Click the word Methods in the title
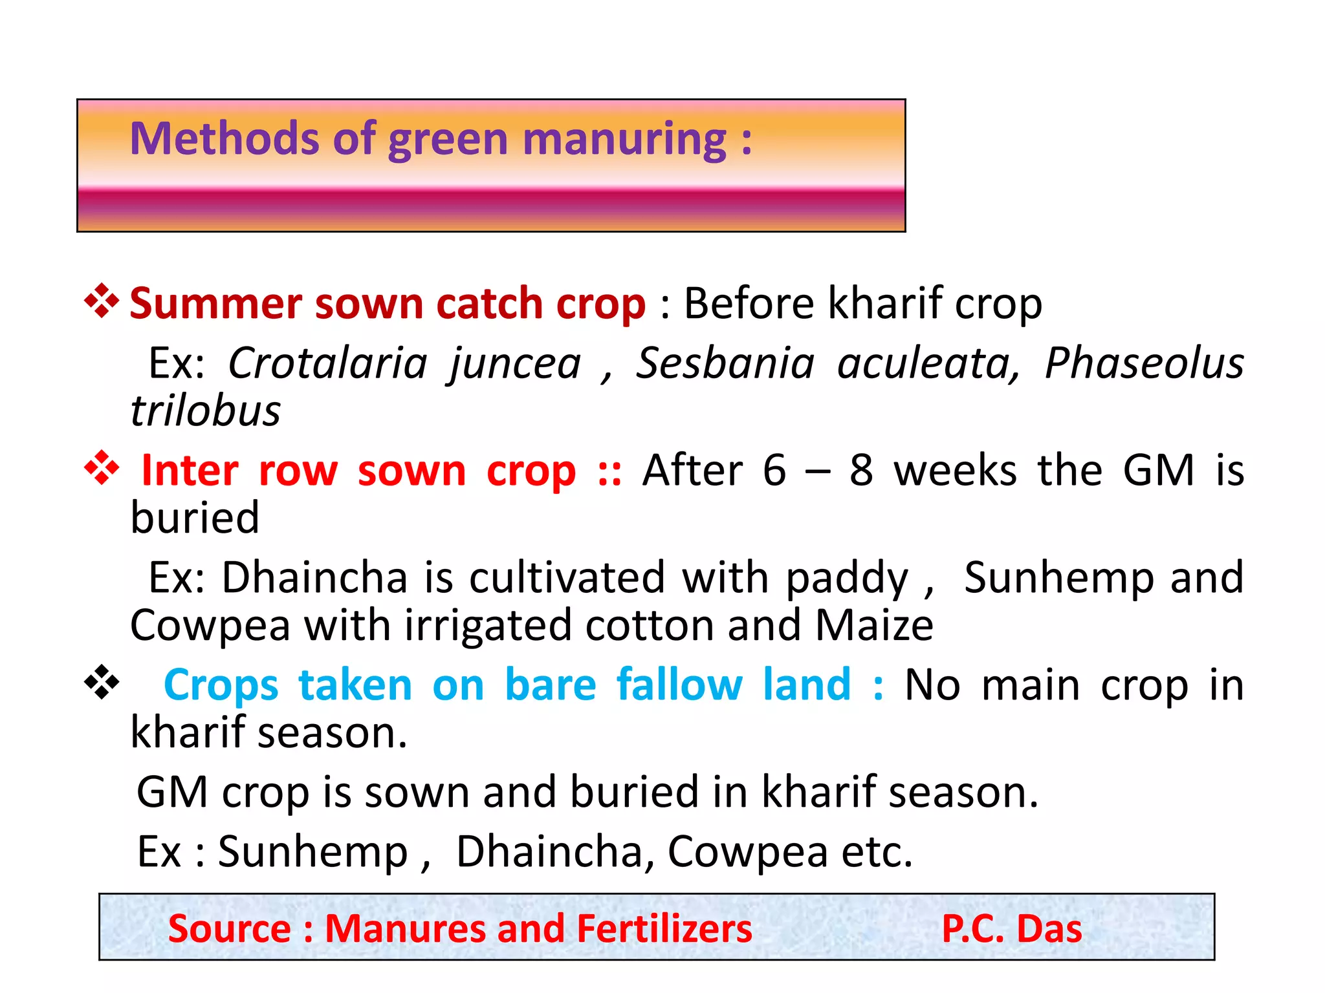tap(224, 139)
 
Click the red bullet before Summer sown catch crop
tap(102, 301)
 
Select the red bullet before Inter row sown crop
tap(102, 468)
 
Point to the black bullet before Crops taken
tap(102, 683)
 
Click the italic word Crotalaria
tap(327, 363)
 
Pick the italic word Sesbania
tap(725, 363)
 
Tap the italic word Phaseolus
tap(1144, 363)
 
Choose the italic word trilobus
tap(206, 411)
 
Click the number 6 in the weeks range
tap(774, 470)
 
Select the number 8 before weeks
tap(861, 470)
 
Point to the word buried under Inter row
tap(195, 518)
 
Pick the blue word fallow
tap(679, 685)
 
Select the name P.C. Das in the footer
tap(1012, 929)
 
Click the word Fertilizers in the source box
tap(664, 929)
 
